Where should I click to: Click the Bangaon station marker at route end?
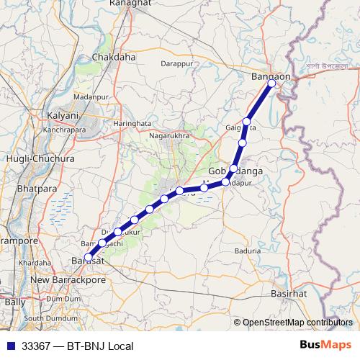point(271,84)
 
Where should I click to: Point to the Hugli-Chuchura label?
point(30,158)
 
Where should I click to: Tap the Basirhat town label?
point(289,294)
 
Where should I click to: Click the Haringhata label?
point(132,124)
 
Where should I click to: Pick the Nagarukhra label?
point(169,135)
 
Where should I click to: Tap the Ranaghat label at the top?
point(130,4)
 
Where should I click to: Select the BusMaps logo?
point(328,346)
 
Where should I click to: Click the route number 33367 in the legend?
point(37,346)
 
